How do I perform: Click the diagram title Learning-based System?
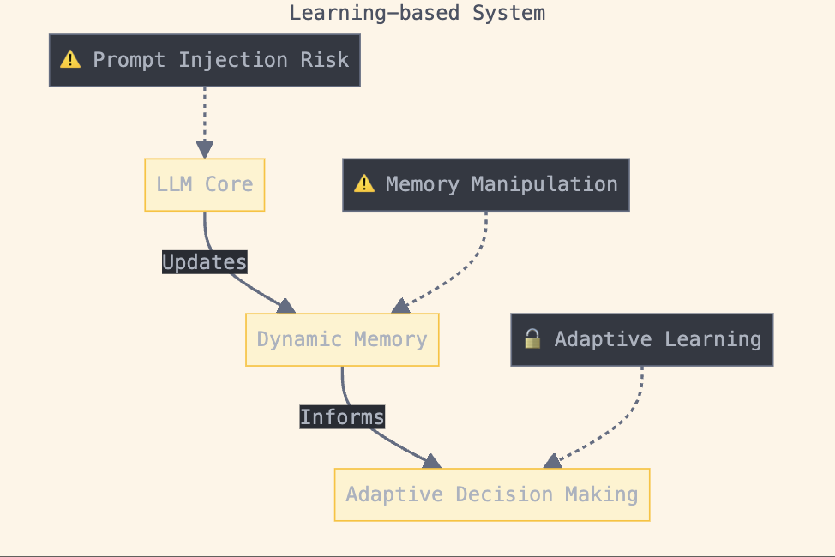[417, 13]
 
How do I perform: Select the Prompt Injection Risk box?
[204, 60]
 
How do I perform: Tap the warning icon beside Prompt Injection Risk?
[70, 60]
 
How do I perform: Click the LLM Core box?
[204, 184]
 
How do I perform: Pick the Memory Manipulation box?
[485, 184]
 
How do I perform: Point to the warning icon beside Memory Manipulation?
[364, 184]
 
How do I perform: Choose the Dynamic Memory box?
[342, 339]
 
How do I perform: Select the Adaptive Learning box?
[641, 339]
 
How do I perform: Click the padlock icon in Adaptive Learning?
[532, 339]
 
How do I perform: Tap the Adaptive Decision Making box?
[491, 494]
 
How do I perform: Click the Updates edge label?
[204, 262]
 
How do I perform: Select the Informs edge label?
[342, 417]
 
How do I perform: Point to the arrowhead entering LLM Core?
[204, 150]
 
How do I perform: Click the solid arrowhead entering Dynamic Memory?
[285, 306]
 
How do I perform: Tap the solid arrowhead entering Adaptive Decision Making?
[431, 461]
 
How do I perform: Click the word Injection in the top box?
[227, 60]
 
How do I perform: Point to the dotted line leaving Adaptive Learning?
[639, 403]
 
